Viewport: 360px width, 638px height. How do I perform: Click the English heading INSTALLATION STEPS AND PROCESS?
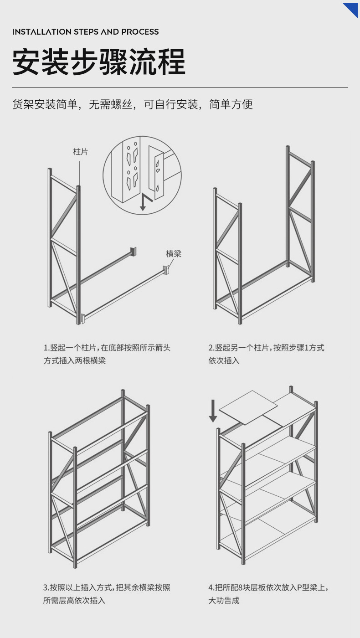(86, 32)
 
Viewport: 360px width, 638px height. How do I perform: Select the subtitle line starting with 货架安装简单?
(132, 104)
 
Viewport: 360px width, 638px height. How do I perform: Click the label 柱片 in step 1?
(80, 152)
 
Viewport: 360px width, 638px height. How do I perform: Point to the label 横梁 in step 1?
(173, 254)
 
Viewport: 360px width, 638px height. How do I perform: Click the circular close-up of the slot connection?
(142, 175)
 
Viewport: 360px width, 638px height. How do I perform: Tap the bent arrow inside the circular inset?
(145, 202)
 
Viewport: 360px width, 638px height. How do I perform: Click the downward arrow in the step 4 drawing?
(213, 411)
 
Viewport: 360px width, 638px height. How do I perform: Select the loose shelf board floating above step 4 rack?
(248, 407)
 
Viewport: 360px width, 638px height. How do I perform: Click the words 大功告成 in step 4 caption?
(224, 601)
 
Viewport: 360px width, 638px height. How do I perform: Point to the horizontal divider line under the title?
(180, 87)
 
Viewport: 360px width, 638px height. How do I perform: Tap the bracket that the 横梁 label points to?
(166, 269)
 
